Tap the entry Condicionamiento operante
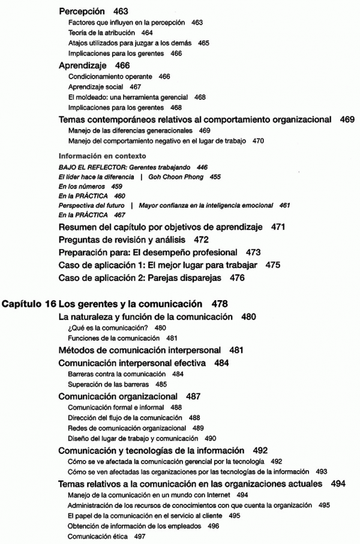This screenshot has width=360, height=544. pos(105,77)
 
